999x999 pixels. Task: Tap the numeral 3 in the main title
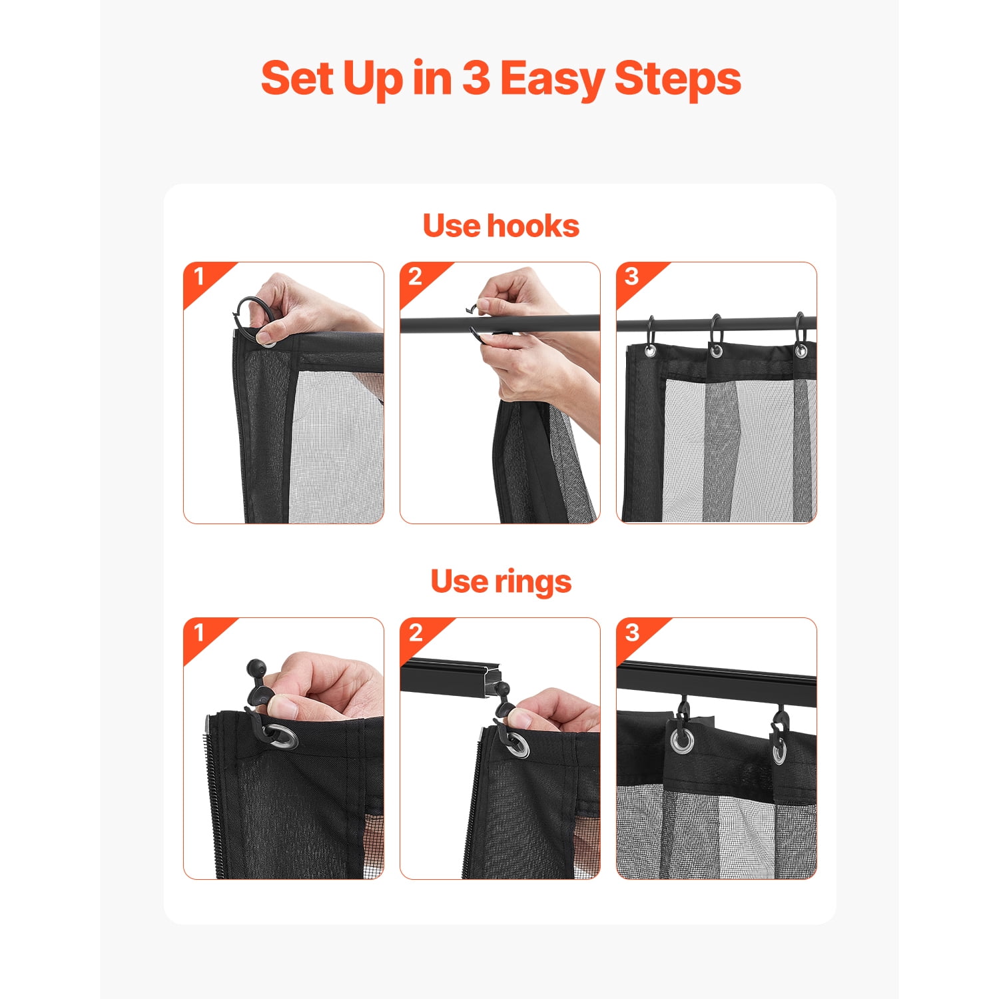476,78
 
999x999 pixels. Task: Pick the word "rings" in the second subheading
533,582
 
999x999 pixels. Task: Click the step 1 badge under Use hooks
200,278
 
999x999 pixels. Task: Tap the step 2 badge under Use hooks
416,278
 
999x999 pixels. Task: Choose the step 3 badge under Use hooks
632,278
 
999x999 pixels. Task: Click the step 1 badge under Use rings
200,633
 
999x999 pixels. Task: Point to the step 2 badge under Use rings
416,633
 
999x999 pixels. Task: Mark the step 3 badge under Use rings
632,633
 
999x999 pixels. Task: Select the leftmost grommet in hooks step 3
650,351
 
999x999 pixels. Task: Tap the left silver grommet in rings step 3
681,741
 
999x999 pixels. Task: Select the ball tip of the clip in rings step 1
255,667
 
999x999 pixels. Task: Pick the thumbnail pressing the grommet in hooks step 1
266,336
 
